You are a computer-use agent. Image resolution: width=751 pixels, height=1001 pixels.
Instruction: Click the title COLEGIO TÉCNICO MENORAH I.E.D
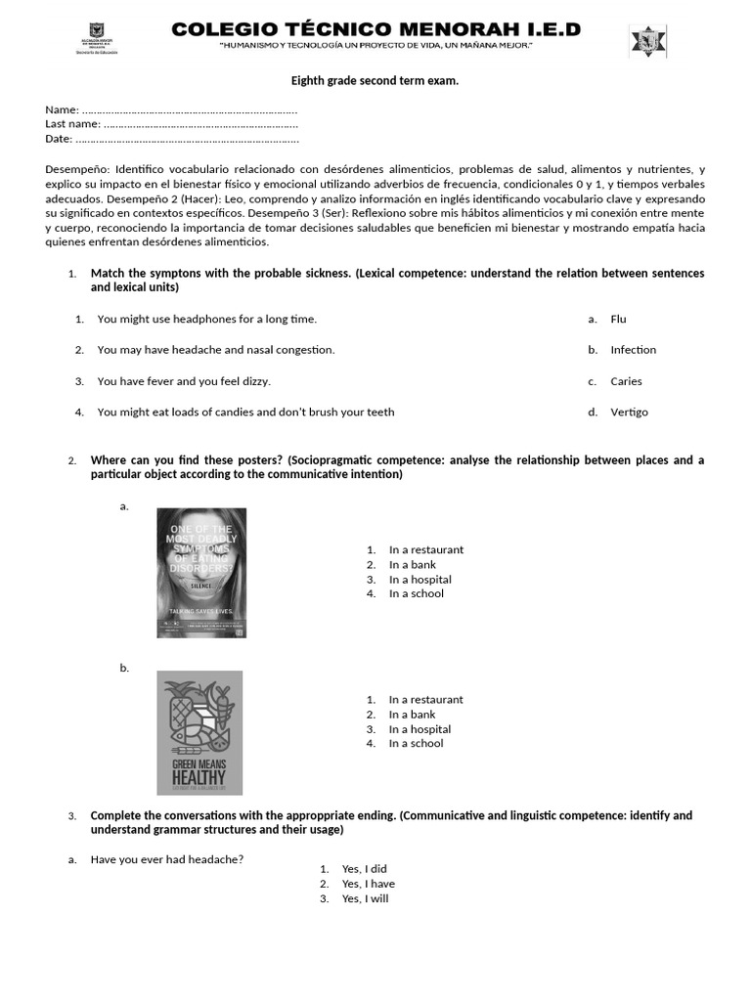pos(375,30)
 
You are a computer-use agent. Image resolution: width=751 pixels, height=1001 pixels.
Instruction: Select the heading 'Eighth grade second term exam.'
pos(375,80)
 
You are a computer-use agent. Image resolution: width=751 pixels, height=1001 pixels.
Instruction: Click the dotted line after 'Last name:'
pos(200,124)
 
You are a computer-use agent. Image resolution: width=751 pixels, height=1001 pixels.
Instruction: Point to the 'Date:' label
pos(59,139)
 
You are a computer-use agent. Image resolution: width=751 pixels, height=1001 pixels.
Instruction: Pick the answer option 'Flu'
pos(618,319)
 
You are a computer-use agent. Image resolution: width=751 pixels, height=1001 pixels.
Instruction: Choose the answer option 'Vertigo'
pos(629,412)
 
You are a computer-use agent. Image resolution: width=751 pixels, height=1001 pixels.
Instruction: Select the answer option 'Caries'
pos(626,381)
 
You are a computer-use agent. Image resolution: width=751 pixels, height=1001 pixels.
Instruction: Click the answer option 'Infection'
pos(633,350)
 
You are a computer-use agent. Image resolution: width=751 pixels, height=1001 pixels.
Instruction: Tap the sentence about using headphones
pos(207,319)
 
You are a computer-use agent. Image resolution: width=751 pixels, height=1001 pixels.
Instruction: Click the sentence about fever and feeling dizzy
pos(184,381)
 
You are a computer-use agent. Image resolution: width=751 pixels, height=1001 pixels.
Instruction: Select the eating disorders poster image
pos(201,573)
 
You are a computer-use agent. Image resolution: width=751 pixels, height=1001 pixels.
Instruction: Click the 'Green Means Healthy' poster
pos(199,732)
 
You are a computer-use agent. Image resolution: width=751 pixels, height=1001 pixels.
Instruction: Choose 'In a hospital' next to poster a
pos(420,579)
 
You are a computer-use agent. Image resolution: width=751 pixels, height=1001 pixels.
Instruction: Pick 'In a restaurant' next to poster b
pos(425,699)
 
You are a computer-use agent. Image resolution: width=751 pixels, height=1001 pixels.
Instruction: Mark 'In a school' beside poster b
pos(416,743)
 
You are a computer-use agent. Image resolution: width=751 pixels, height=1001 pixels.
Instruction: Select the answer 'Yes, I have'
pos(368,884)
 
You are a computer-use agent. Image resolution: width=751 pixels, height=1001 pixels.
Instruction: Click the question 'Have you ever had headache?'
pos(166,859)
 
